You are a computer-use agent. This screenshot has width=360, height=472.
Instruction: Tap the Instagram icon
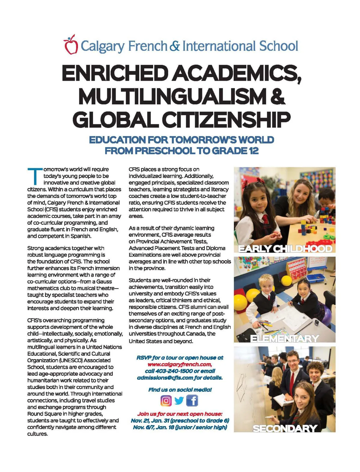pyautogui.click(x=166, y=400)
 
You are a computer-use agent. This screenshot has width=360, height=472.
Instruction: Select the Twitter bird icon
pyautogui.click(x=179, y=400)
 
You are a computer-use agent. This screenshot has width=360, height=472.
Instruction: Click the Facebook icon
pyautogui.click(x=192, y=400)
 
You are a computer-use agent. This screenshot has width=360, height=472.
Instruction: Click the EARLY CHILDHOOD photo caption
pyautogui.click(x=285, y=249)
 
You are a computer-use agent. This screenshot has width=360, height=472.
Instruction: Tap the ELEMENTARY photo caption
pyautogui.click(x=285, y=339)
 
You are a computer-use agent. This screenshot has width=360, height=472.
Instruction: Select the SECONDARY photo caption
pyautogui.click(x=285, y=428)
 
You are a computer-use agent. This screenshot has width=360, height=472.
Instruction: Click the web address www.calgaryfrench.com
pyautogui.click(x=180, y=364)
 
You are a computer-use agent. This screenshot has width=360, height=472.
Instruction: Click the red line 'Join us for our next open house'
pyautogui.click(x=180, y=414)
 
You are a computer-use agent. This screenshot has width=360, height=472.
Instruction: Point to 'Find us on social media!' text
pyautogui.click(x=180, y=390)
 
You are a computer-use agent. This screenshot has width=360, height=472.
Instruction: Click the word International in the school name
pyautogui.click(x=219, y=46)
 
